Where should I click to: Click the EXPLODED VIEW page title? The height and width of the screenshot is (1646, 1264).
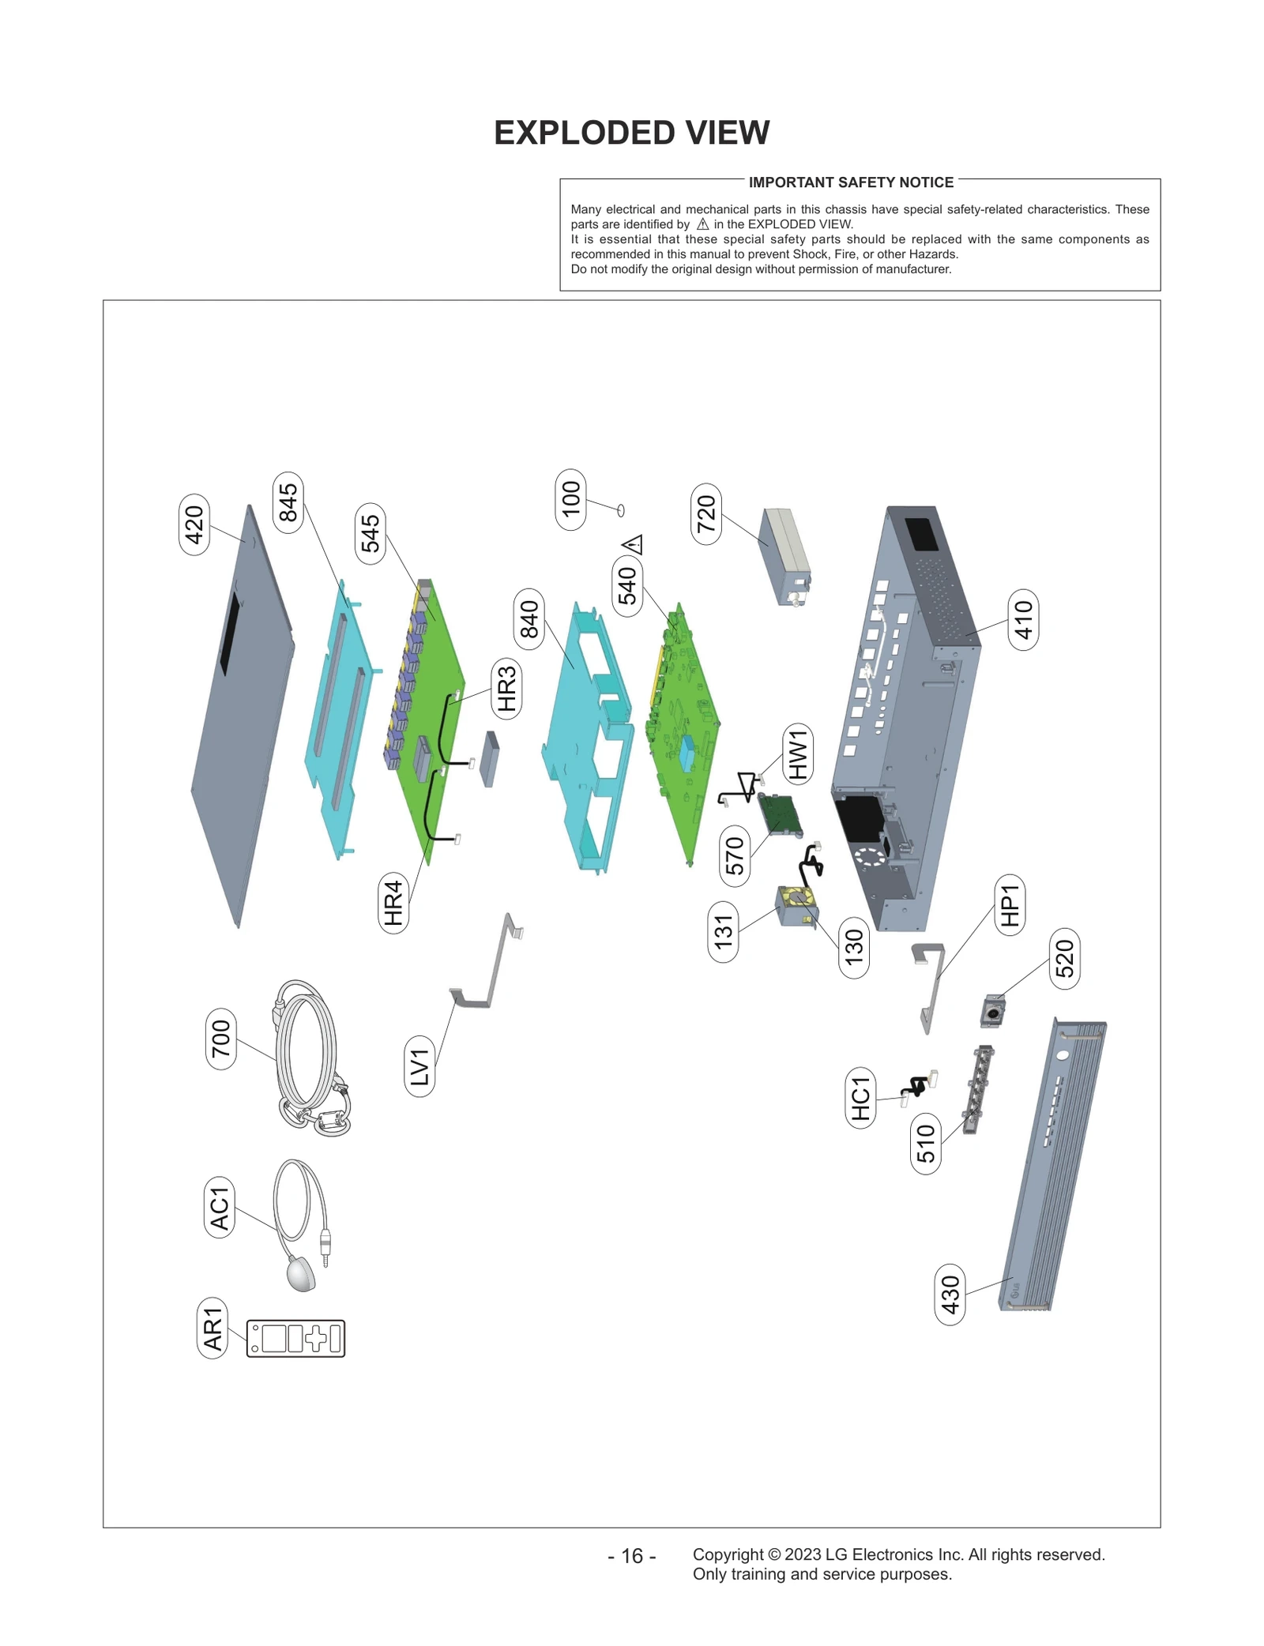coord(631,133)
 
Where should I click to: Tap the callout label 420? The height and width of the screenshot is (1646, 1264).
coord(194,524)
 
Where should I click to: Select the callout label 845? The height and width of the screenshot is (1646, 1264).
coord(288,502)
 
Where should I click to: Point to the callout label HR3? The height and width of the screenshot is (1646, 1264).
coord(506,688)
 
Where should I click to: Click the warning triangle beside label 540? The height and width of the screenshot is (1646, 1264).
coord(634,544)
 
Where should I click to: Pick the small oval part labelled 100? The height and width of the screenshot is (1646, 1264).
coord(621,510)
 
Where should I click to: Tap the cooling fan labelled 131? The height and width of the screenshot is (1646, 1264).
coord(796,906)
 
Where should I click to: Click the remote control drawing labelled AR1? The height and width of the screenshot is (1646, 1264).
coord(295,1338)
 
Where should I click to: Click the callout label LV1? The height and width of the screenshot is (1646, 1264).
coord(419,1067)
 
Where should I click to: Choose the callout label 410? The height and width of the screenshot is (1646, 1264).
coord(1023,619)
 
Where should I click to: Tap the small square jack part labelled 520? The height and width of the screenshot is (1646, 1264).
coord(992,1011)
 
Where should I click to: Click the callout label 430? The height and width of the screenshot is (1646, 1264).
coord(950,1294)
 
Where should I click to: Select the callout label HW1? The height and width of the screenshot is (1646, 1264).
coord(797,754)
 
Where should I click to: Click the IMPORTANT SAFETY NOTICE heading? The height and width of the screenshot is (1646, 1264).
coord(851,182)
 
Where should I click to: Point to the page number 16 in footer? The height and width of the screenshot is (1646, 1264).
coord(632,1556)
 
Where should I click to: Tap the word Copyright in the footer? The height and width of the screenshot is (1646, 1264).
coord(728,1554)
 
